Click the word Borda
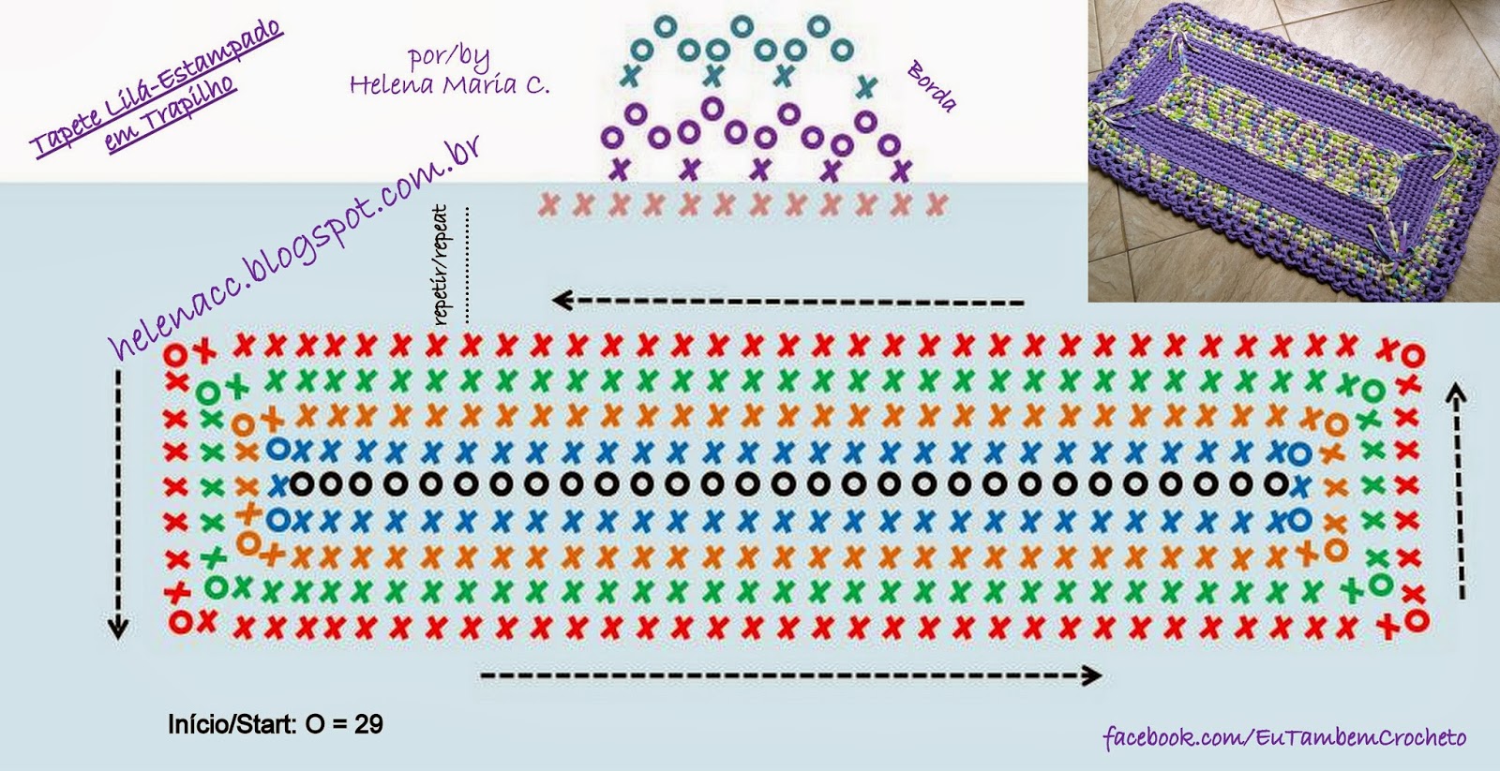(932, 85)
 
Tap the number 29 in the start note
(368, 724)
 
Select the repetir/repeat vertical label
(440, 265)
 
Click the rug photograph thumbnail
(1293, 151)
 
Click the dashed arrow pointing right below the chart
(791, 676)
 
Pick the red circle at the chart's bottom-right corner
(1417, 620)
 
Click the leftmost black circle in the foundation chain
(302, 483)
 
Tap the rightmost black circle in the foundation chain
(1277, 483)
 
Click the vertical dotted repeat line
(467, 265)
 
